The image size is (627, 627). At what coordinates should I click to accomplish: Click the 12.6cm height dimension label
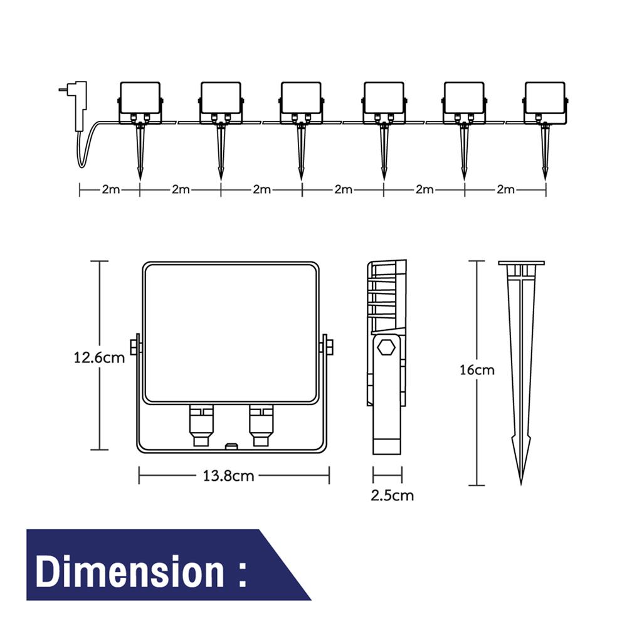pyautogui.click(x=99, y=357)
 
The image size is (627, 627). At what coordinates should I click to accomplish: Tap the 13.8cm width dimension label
pyautogui.click(x=228, y=476)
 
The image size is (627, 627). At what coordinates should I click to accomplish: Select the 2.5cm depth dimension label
pyautogui.click(x=392, y=495)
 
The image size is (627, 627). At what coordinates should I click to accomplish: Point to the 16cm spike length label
pyautogui.click(x=477, y=370)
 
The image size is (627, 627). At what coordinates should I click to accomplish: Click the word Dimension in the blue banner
pyautogui.click(x=130, y=572)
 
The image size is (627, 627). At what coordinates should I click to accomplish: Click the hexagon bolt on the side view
pyautogui.click(x=387, y=347)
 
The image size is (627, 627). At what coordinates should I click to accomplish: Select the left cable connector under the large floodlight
pyautogui.click(x=201, y=426)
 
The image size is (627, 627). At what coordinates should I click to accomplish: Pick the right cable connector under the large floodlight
pyautogui.click(x=261, y=426)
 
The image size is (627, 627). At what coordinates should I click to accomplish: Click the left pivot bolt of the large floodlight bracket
pyautogui.click(x=135, y=346)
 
